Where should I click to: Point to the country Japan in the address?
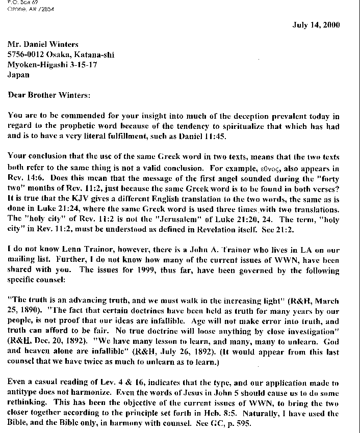point(18,74)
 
